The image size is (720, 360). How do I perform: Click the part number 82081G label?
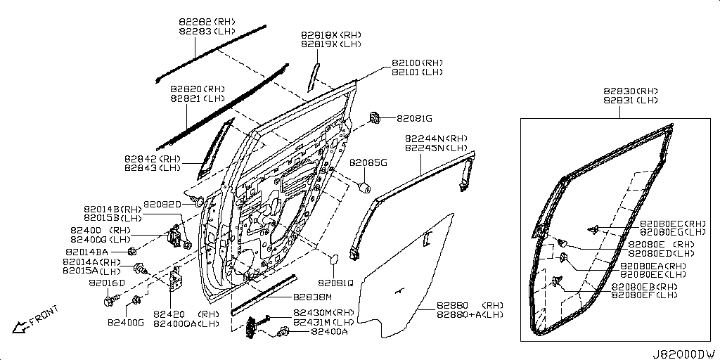coord(413,117)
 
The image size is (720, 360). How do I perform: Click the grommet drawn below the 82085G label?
coord(365,187)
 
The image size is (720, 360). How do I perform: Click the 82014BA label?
coord(87,251)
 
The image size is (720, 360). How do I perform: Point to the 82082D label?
coord(162,204)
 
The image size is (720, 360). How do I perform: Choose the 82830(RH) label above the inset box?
coord(630,91)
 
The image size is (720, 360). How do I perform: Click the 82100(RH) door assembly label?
coord(417,63)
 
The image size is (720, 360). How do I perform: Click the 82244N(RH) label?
coord(435,139)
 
